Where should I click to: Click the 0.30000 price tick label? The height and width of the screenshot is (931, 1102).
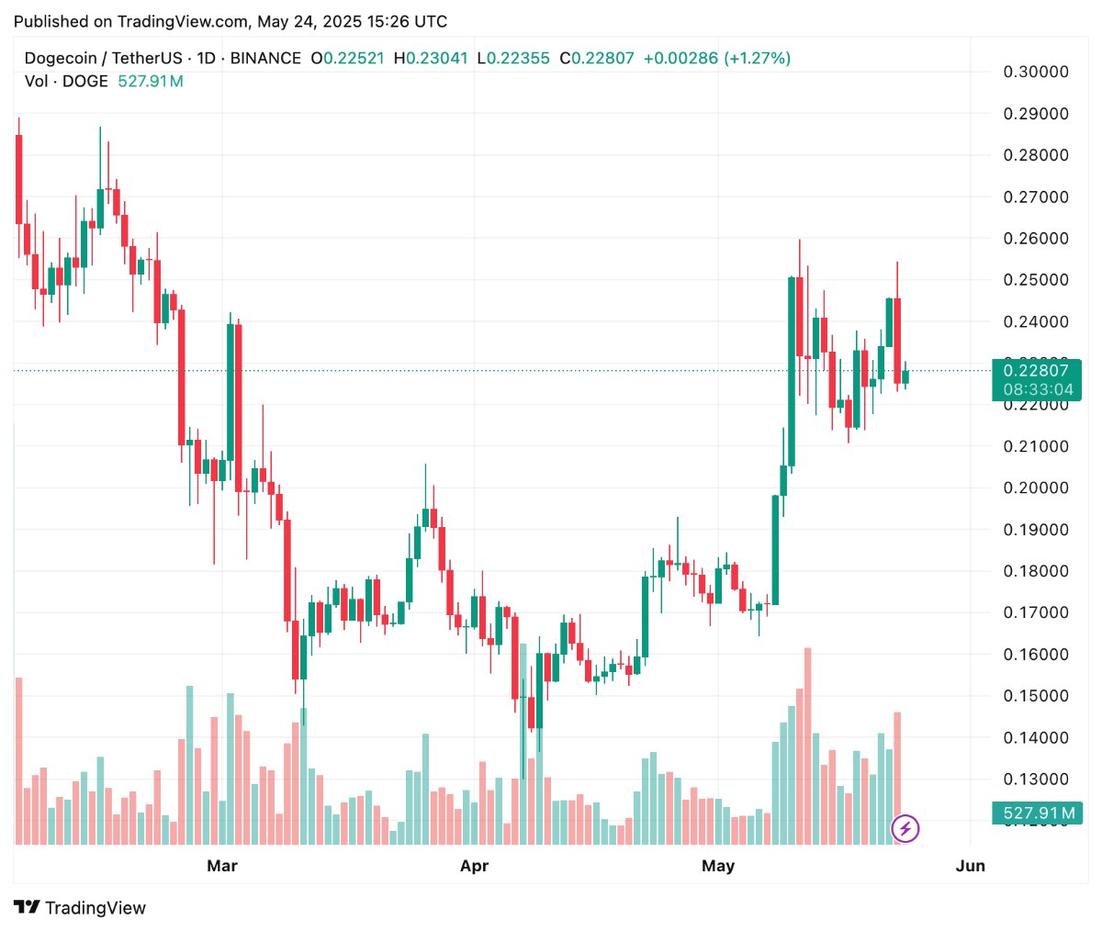pyautogui.click(x=1035, y=72)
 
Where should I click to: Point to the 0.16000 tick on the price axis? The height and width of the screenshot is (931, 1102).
pyautogui.click(x=1035, y=655)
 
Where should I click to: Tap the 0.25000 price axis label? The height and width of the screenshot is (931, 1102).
pyautogui.click(x=1035, y=280)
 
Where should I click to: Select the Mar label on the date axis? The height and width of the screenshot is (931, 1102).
pyautogui.click(x=222, y=866)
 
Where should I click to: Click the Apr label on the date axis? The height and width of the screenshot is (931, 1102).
pyautogui.click(x=474, y=866)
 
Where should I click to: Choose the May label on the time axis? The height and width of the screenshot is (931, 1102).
pyautogui.click(x=718, y=866)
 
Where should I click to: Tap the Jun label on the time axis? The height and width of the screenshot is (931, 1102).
pyautogui.click(x=971, y=866)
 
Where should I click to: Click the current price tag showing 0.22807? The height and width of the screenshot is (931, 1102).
pyautogui.click(x=1036, y=371)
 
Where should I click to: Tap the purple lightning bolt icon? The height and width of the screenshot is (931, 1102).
pyautogui.click(x=905, y=829)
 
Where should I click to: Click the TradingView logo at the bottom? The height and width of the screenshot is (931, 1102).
pyautogui.click(x=81, y=908)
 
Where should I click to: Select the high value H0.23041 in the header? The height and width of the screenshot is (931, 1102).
pyautogui.click(x=431, y=59)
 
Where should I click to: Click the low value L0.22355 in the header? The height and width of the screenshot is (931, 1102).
pyautogui.click(x=513, y=59)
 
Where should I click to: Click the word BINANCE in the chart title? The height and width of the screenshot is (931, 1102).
pyautogui.click(x=265, y=59)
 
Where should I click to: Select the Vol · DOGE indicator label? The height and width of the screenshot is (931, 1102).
pyautogui.click(x=66, y=82)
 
